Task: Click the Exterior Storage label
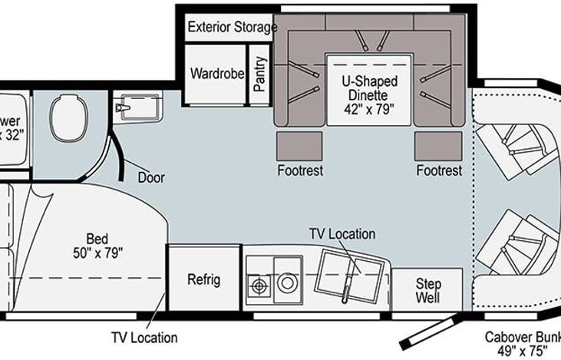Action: click(232, 28)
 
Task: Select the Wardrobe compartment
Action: click(217, 75)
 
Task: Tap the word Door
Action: click(151, 177)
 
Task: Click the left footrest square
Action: click(299, 146)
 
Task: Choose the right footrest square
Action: click(438, 146)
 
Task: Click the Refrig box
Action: click(203, 279)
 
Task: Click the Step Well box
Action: click(428, 289)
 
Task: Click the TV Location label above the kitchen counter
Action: click(342, 233)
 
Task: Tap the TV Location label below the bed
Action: click(144, 337)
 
